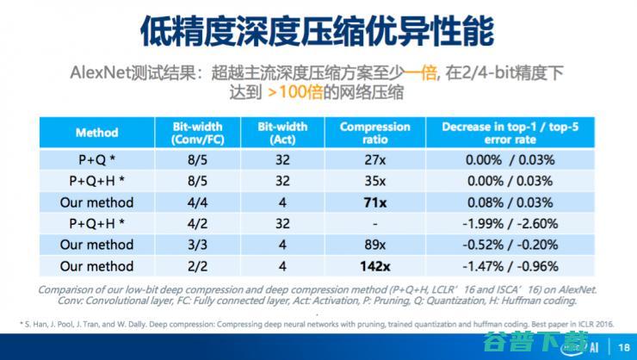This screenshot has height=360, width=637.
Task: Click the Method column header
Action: pyautogui.click(x=96, y=133)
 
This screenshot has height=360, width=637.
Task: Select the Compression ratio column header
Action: pyautogui.click(x=374, y=133)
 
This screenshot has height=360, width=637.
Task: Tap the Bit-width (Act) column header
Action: pyautogui.click(x=282, y=133)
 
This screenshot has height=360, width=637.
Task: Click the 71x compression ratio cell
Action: pyautogui.click(x=374, y=202)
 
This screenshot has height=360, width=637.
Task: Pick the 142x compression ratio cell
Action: pyautogui.click(x=374, y=266)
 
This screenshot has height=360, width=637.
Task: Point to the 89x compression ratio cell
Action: pyautogui.click(x=374, y=245)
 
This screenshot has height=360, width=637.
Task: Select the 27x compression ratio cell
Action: pyautogui.click(x=374, y=159)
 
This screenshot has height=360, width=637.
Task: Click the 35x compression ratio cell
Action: pyautogui.click(x=374, y=181)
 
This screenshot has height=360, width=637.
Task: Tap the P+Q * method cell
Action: pyautogui.click(x=96, y=159)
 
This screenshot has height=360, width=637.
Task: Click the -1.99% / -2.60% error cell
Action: pyautogui.click(x=511, y=224)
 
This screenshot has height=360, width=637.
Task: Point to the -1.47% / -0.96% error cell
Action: pyautogui.click(x=511, y=266)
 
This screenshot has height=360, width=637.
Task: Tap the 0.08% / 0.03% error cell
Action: pyautogui.click(x=511, y=202)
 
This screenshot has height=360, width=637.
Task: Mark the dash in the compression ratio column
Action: pyautogui.click(x=374, y=224)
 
